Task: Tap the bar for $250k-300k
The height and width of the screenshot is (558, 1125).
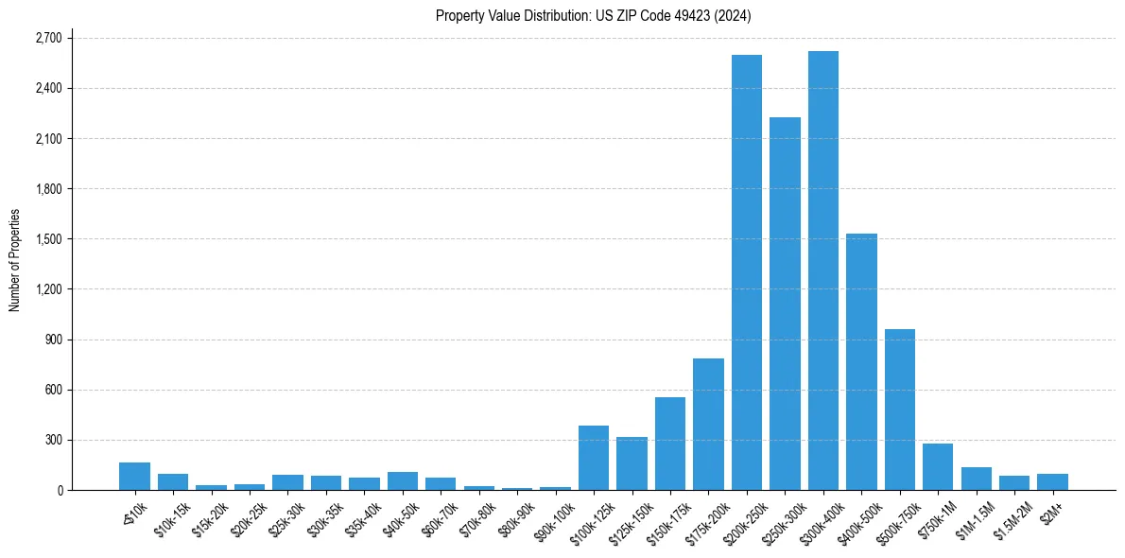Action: pyautogui.click(x=785, y=304)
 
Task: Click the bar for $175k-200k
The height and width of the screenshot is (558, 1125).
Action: pyautogui.click(x=708, y=425)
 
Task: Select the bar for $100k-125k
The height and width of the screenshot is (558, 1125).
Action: pyautogui.click(x=594, y=458)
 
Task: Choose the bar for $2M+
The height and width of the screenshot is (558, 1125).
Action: pyautogui.click(x=1052, y=481)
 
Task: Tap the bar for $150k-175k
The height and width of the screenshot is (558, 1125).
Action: pyautogui.click(x=670, y=444)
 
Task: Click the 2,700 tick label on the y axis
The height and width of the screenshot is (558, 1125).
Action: pyautogui.click(x=47, y=39)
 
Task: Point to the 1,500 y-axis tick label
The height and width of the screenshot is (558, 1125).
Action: pyautogui.click(x=47, y=239)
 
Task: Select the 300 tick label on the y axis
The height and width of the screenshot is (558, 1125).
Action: pyautogui.click(x=53, y=440)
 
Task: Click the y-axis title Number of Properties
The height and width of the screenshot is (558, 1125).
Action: pyautogui.click(x=15, y=260)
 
